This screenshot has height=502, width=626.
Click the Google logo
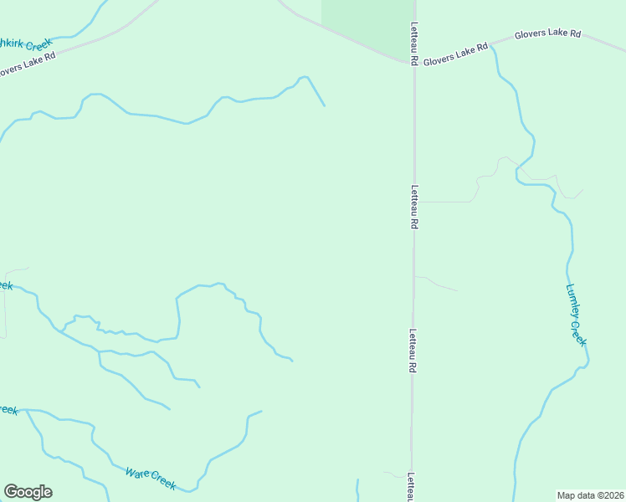click(28, 492)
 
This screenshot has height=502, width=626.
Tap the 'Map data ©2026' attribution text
click(590, 494)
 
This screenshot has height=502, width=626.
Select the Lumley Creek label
click(576, 315)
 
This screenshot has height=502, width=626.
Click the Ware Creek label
click(151, 479)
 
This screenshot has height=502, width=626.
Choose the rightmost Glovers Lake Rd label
click(547, 34)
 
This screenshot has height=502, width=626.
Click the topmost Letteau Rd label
click(413, 44)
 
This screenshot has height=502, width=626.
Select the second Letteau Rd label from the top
click(413, 207)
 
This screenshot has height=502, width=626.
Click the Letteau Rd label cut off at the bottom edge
click(412, 487)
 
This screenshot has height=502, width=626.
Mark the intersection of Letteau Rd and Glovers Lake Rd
click(413, 62)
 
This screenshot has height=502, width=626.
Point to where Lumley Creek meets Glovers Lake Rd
click(494, 47)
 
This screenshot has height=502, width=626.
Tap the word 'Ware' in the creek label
click(137, 474)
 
